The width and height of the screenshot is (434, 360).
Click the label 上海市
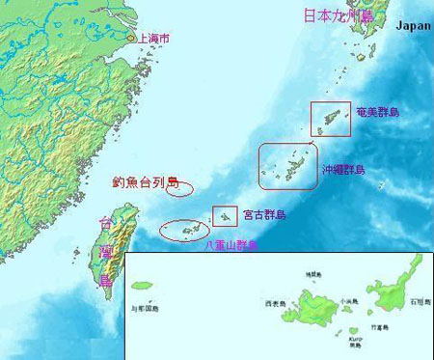click(x=155, y=39)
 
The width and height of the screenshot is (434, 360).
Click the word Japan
click(x=412, y=26)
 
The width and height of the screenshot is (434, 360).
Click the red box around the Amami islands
click(x=331, y=118)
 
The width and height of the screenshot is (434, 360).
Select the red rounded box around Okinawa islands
click(x=287, y=165)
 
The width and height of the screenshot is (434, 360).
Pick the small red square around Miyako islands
click(x=225, y=216)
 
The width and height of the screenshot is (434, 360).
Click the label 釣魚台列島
click(x=146, y=181)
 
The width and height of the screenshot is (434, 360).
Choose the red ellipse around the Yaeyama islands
click(x=183, y=230)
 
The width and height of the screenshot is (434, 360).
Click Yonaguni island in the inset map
click(x=144, y=286)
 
